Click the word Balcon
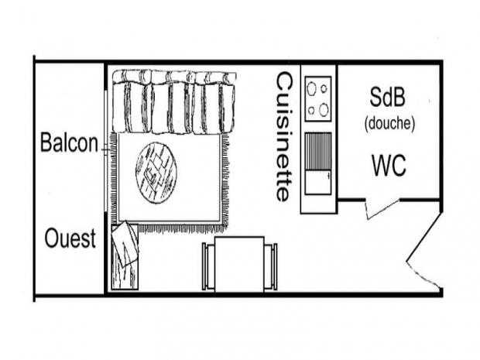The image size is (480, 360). coord(69,142)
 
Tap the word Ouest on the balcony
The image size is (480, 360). coord(70,238)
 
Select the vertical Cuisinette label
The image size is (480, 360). coord(284,136)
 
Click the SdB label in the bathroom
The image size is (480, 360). coord(387,97)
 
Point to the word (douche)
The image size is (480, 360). coord(389,123)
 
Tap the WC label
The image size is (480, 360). coord(389,165)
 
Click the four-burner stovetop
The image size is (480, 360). coord(318,98)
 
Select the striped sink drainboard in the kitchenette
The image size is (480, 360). coord(318,151)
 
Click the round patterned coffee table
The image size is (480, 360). coord(156,173)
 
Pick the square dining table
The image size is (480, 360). coord(239,264)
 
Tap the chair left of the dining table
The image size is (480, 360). coord(208,266)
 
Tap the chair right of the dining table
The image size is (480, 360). coord(271,266)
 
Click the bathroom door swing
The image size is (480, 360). coord(382,209)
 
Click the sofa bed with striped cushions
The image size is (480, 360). coord(173,102)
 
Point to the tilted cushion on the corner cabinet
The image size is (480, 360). coord(125,244)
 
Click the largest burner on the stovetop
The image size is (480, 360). coord(324,110)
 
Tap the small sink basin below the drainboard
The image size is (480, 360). coord(318,182)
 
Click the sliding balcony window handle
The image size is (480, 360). coord(106,150)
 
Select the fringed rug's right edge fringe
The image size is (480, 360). coord(225,180)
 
